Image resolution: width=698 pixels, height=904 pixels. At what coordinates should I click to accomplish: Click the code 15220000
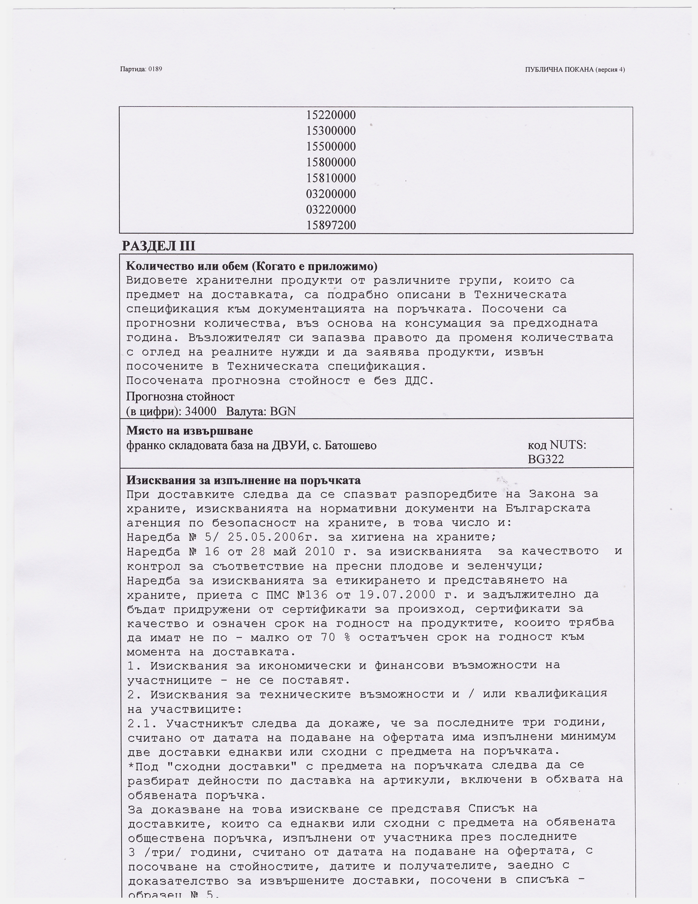(x=331, y=115)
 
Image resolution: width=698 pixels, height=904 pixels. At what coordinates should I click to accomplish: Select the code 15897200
(x=331, y=225)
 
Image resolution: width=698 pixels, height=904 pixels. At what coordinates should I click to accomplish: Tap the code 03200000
(x=331, y=194)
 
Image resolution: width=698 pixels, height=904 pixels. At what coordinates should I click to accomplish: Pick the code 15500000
(x=331, y=147)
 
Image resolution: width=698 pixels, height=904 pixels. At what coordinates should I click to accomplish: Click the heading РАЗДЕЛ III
(x=158, y=246)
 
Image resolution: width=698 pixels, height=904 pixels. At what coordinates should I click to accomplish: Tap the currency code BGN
(x=283, y=411)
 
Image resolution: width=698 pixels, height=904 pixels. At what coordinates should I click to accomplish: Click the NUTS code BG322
(x=546, y=459)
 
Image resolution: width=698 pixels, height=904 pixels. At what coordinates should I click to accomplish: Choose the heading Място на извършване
(x=189, y=431)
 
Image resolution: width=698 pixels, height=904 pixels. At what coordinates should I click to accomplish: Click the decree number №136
(x=312, y=595)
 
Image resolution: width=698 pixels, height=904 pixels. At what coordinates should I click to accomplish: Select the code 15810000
(x=331, y=178)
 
